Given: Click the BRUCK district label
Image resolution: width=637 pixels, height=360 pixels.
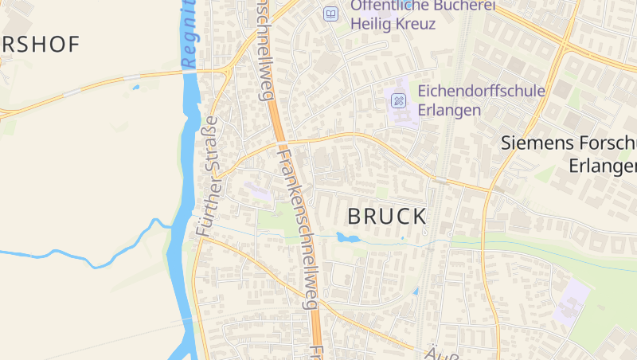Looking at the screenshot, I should pyautogui.click(x=387, y=216).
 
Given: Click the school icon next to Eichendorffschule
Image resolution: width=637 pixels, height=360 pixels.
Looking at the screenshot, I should pyautogui.click(x=399, y=100).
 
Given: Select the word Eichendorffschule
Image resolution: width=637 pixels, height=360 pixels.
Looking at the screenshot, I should pyautogui.click(x=482, y=90).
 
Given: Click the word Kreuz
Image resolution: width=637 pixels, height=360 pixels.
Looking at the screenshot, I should pyautogui.click(x=416, y=23).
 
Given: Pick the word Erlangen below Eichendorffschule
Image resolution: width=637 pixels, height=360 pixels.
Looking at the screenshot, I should pyautogui.click(x=450, y=110).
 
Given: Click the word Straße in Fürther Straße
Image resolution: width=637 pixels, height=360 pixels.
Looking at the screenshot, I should pyautogui.click(x=211, y=152).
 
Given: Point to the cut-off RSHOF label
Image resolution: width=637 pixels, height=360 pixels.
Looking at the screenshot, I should pyautogui.click(x=40, y=45).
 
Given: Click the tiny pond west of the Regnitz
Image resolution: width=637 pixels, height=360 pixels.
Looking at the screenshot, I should pyautogui.click(x=135, y=87).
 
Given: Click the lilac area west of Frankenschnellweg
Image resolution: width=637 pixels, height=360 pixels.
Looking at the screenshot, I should pyautogui.click(x=257, y=191).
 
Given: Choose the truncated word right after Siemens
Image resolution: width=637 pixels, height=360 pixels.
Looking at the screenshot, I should pyautogui.click(x=605, y=143).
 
